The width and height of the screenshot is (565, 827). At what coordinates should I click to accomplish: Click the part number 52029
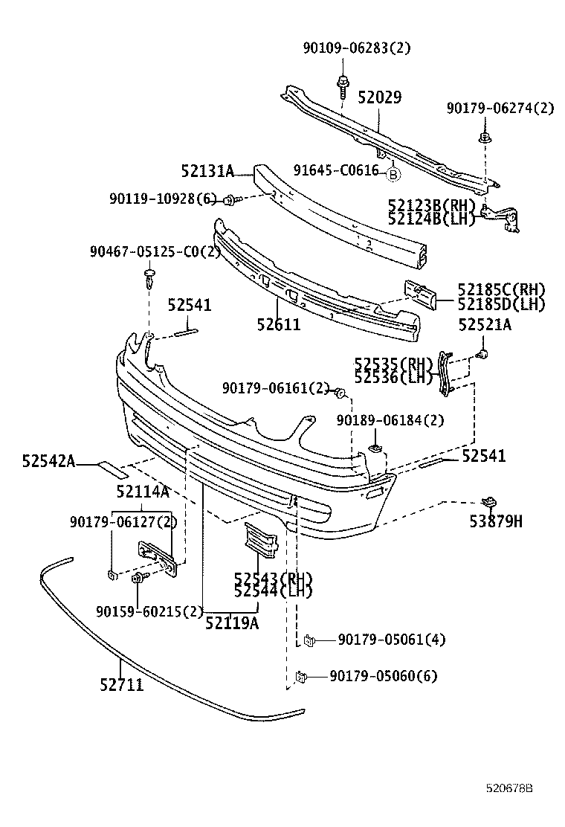click(x=379, y=98)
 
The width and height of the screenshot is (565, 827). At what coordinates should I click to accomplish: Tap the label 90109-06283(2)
click(x=356, y=48)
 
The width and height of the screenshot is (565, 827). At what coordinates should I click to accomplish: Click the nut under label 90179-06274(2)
click(x=484, y=138)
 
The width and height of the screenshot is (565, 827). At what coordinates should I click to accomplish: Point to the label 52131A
click(x=207, y=172)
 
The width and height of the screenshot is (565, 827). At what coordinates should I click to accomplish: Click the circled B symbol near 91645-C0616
click(x=393, y=174)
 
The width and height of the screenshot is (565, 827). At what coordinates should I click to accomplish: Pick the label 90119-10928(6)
click(x=162, y=199)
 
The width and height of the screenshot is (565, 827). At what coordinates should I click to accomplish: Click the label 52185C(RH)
click(x=501, y=290)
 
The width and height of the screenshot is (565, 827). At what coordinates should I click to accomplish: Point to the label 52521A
click(x=485, y=324)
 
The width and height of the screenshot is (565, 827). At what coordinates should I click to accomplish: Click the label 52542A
click(x=48, y=462)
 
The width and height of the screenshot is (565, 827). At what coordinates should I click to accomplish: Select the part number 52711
click(x=121, y=684)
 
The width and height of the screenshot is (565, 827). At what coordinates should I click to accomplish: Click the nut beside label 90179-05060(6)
click(x=301, y=676)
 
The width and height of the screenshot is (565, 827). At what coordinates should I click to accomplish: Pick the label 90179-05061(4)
click(x=391, y=640)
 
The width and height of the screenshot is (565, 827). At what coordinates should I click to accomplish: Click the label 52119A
click(x=232, y=623)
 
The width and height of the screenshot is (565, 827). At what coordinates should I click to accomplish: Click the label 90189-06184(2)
click(x=390, y=420)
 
